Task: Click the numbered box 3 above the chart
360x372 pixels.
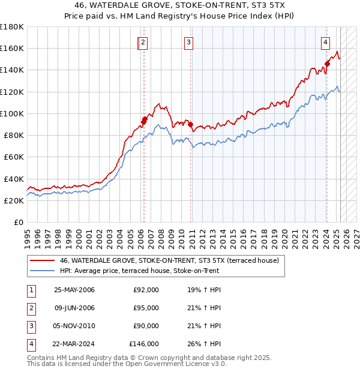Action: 188,42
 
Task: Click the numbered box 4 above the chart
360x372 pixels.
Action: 325,42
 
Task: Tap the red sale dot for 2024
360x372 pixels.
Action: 327,63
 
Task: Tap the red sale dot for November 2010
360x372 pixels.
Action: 190,125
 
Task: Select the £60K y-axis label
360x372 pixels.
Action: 14,157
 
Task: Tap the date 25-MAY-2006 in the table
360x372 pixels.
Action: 74,290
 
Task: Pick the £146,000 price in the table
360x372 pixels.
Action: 143,344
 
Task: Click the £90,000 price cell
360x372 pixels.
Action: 145,326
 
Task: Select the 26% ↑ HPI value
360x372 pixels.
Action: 204,344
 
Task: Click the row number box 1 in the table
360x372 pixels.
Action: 31,290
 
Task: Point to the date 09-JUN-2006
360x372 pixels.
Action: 74,308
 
